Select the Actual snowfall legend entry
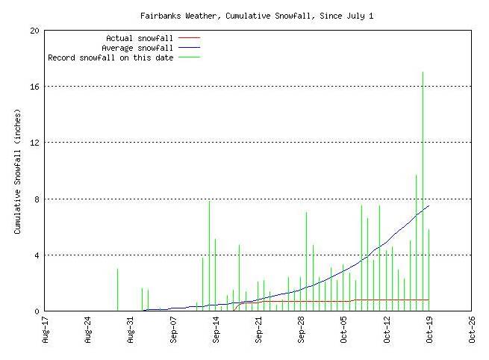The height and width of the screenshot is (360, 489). point(140,37)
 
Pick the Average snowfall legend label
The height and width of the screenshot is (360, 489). point(137,47)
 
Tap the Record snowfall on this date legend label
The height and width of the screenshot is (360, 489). point(110,58)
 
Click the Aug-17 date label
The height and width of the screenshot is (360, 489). point(46,330)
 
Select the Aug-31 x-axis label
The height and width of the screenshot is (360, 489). point(131,330)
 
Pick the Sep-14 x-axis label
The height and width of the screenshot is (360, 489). point(217,330)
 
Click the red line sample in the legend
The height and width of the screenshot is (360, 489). point(190,37)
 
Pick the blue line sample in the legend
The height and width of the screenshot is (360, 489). point(190,47)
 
